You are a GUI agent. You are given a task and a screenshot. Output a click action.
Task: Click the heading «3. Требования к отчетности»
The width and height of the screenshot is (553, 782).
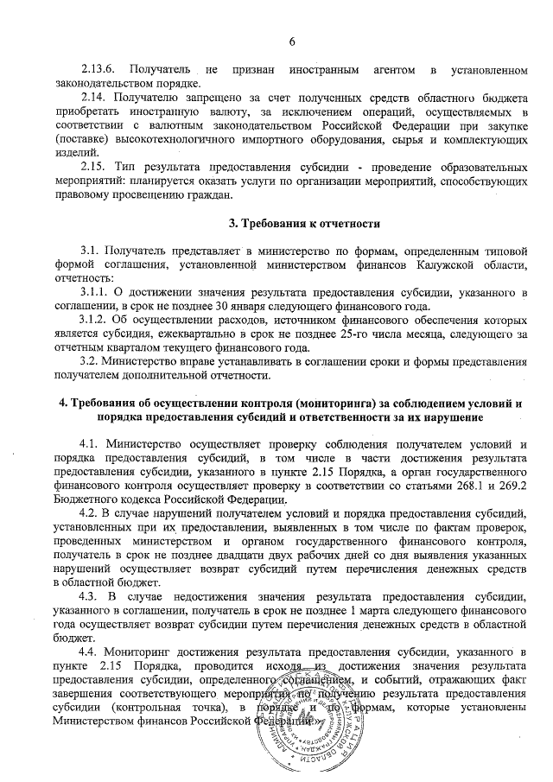pos(304,224)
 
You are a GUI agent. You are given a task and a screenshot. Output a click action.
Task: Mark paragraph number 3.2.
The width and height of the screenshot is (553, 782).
pos(91,361)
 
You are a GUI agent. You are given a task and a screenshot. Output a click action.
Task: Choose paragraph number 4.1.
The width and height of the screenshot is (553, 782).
pos(92,447)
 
